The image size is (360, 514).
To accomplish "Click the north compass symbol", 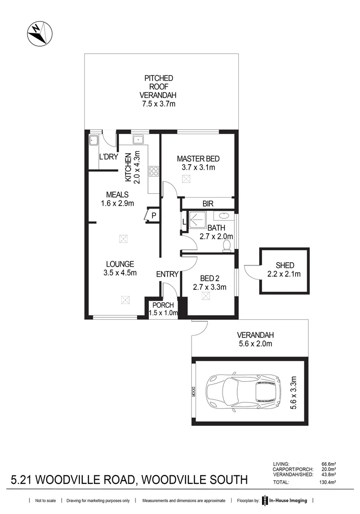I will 39,33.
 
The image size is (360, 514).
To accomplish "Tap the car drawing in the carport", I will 243,391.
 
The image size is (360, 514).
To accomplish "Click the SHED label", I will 284,265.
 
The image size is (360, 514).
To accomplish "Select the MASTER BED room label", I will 198,158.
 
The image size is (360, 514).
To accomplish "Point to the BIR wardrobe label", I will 207,203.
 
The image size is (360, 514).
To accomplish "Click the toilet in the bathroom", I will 227,245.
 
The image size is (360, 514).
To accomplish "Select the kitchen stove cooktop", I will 154,171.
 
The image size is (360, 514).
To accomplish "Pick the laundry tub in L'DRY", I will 94,140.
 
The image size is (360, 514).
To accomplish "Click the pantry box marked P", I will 153,215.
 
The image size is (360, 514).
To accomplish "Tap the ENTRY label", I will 167,274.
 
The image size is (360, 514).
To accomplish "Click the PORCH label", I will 163,305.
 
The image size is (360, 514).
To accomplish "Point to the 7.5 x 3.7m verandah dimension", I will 159,104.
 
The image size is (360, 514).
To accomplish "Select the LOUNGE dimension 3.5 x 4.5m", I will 120,273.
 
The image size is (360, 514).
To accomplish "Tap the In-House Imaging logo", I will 284,501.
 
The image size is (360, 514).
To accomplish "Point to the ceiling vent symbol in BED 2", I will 205,296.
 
